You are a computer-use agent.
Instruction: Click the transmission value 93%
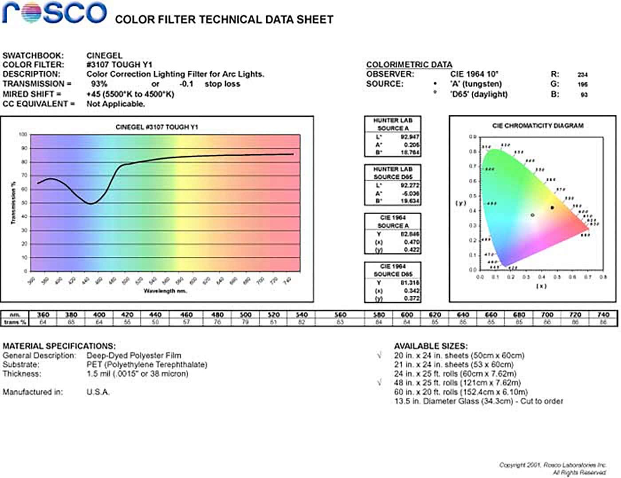click(99, 84)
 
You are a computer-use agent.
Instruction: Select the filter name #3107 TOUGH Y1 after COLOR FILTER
click(119, 65)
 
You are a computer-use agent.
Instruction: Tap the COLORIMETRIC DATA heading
click(409, 65)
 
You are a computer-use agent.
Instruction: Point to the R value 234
click(582, 75)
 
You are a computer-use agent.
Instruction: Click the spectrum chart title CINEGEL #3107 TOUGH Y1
click(157, 127)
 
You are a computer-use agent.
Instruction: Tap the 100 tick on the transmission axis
click(23, 134)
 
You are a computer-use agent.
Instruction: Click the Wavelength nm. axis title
click(165, 291)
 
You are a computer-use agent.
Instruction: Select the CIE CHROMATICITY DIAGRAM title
click(538, 126)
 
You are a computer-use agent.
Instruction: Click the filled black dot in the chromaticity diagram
click(552, 208)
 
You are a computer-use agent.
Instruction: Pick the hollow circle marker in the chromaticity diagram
click(532, 215)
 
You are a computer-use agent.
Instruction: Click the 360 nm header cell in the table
click(43, 315)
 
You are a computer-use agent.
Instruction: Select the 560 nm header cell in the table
click(340, 315)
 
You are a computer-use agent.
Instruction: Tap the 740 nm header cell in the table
click(603, 315)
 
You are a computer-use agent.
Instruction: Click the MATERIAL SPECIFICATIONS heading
click(59, 346)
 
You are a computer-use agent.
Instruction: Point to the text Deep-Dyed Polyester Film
click(134, 356)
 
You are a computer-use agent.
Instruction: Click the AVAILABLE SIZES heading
click(430, 346)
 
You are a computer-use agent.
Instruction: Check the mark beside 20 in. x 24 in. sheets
click(379, 356)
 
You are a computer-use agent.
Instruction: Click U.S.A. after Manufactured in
click(98, 392)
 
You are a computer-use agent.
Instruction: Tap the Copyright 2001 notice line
click(552, 465)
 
